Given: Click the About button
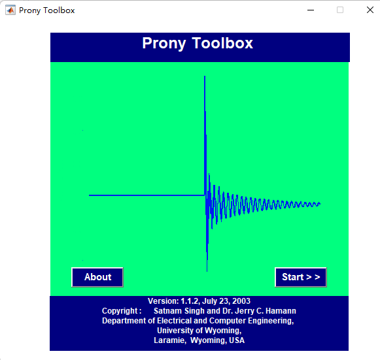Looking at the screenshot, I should point(97,277).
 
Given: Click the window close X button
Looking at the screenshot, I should point(369,10).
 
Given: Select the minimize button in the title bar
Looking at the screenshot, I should point(310,10).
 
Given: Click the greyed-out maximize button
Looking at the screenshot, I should point(339,10).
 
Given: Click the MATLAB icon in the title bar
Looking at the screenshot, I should point(10,10).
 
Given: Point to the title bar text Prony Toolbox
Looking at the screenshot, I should point(46,10).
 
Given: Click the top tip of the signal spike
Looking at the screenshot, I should point(205,77).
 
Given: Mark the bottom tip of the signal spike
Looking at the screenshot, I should point(207,270).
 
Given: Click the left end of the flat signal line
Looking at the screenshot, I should point(90,195).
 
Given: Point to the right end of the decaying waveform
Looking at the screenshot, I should point(320,204).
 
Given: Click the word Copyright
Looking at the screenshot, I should point(121,311).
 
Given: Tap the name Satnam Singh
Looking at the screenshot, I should point(179,311).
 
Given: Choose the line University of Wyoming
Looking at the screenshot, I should point(199,331).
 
